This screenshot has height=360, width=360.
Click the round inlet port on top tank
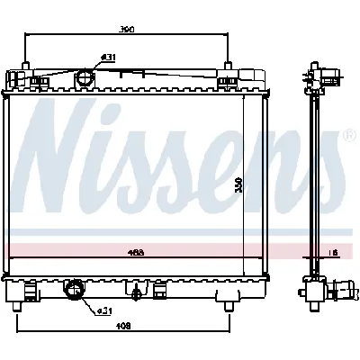point(85,77)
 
